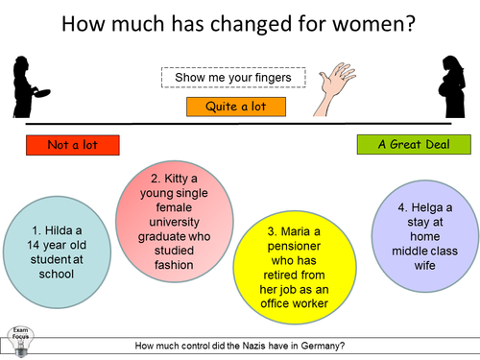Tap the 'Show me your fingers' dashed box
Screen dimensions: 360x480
[233, 77]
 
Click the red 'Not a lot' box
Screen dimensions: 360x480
[74, 145]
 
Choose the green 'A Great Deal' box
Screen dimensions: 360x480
[415, 145]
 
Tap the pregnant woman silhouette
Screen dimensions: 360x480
[452, 88]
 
